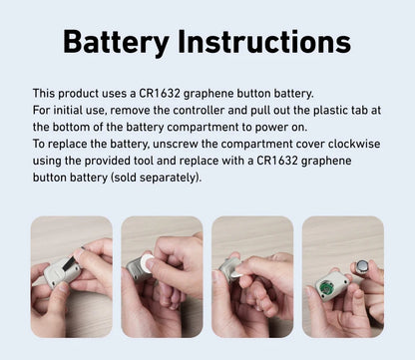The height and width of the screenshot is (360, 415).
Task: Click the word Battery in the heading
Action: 116,42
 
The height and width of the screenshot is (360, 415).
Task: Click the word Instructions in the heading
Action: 264,41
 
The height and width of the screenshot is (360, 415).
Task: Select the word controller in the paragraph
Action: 199,111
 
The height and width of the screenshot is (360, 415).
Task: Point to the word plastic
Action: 328,111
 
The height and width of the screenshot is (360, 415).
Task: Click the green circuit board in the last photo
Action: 326,287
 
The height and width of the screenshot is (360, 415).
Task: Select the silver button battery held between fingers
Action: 362,266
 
